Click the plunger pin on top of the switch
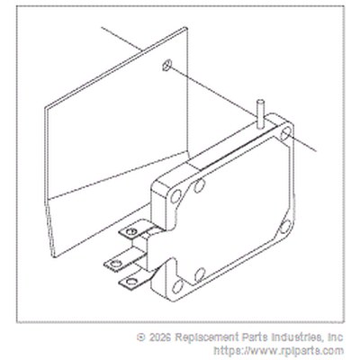[260, 113]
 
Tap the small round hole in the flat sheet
[166, 65]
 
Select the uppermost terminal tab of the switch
[136, 229]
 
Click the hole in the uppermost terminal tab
[130, 231]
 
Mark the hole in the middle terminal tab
[115, 265]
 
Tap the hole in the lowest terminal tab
[130, 282]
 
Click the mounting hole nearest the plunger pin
[285, 133]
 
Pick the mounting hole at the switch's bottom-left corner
[177, 286]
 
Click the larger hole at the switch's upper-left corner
[175, 196]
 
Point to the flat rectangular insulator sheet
[117, 141]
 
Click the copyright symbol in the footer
[141, 337]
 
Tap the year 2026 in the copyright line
[160, 337]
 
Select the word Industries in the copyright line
[298, 337]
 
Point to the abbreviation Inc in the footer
[336, 337]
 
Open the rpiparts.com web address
[279, 350]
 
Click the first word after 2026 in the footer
[203, 337]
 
